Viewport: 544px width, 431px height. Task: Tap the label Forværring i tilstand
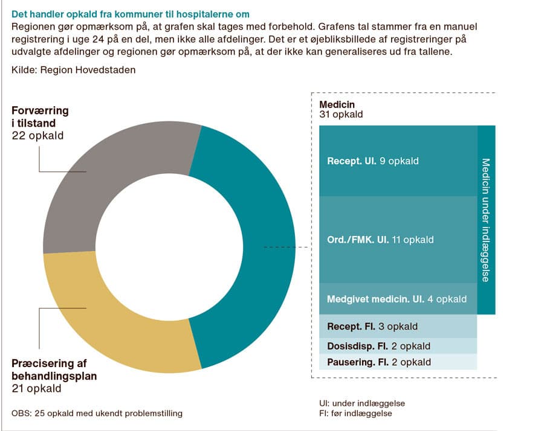click(40, 117)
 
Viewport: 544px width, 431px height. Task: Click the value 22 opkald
click(37, 136)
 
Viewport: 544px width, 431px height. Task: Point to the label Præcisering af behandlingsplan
click(54, 369)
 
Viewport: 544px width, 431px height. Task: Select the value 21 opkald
click(36, 388)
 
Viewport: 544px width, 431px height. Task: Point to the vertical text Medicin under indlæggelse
click(486, 220)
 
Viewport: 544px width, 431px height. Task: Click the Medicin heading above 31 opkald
click(337, 104)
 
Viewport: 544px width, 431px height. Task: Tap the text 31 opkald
click(341, 114)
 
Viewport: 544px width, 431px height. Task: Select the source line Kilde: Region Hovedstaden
click(73, 70)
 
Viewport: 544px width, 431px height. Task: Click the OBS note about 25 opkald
click(97, 413)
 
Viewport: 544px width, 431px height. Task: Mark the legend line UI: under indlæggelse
click(362, 403)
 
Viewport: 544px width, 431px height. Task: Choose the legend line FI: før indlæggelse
click(355, 413)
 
